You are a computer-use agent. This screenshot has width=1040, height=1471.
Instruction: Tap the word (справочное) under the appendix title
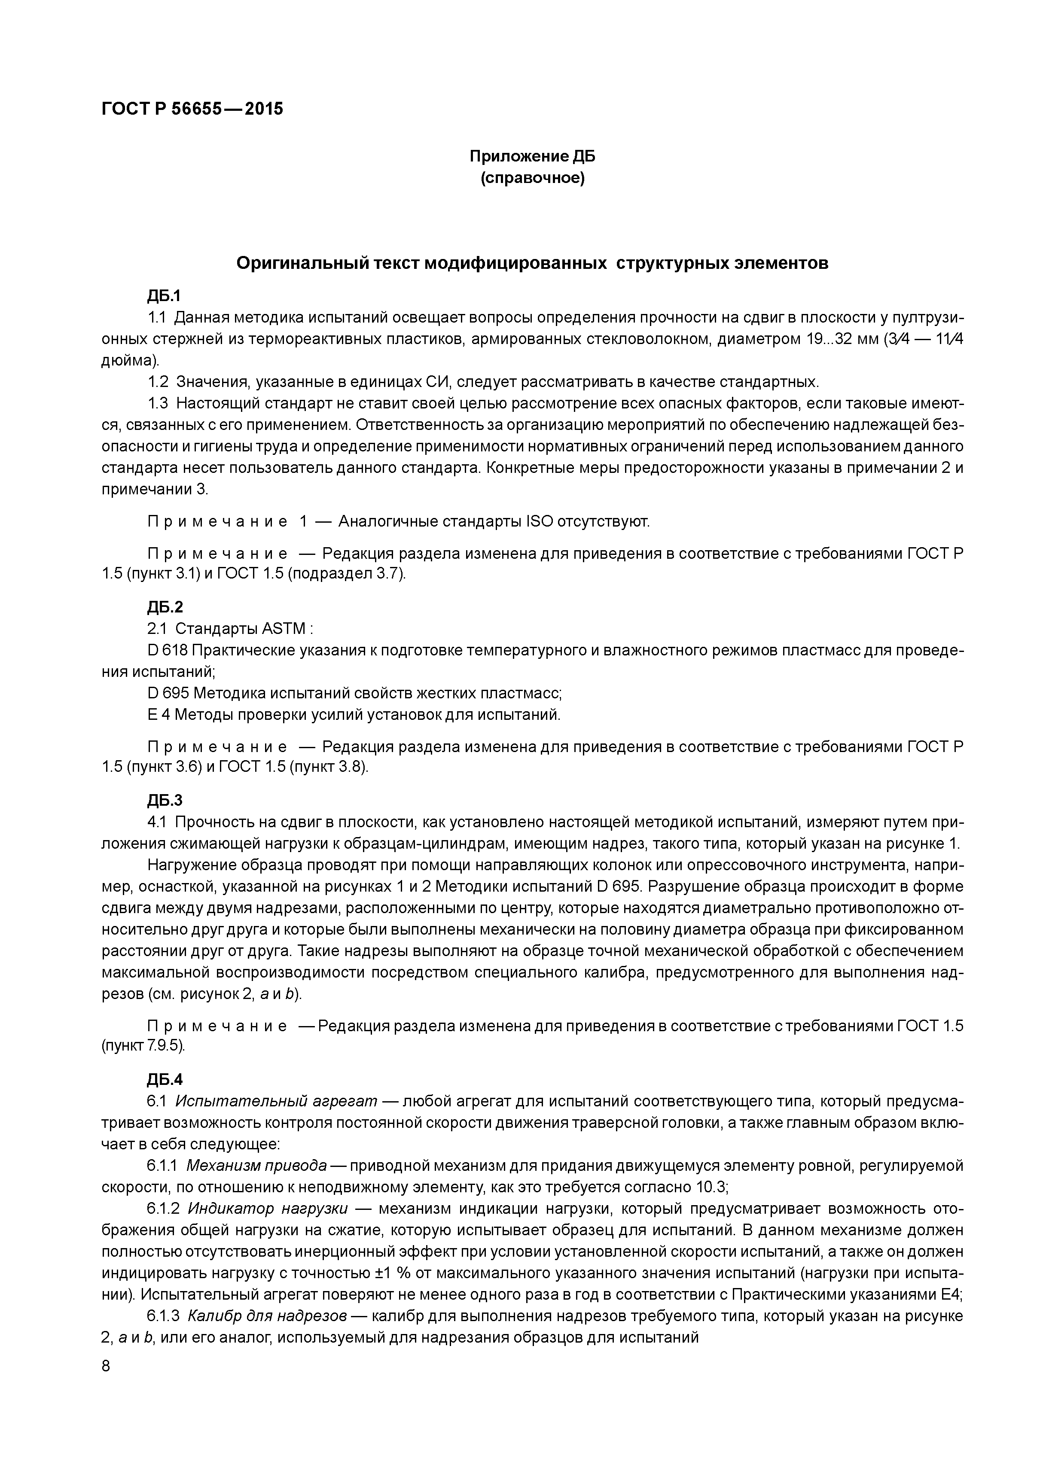pos(533,178)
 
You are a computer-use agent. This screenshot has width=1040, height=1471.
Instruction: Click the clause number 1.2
pos(158,383)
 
